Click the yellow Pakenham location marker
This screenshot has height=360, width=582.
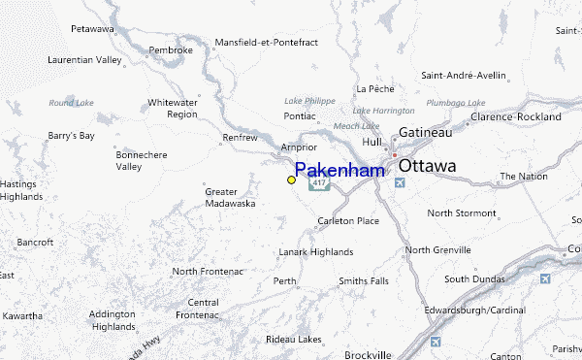click(291, 180)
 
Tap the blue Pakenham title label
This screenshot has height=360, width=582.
click(339, 170)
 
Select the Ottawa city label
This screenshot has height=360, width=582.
click(427, 166)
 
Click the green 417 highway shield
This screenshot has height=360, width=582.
click(319, 182)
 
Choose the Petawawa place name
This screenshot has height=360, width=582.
click(92, 29)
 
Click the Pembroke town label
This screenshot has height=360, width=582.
click(171, 49)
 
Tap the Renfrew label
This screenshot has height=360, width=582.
click(240, 138)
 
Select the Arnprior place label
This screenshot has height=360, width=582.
click(299, 147)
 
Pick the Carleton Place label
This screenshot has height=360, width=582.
click(348, 221)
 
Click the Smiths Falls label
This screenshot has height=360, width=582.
click(363, 281)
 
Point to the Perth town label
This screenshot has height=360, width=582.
click(285, 281)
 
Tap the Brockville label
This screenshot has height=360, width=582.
click(368, 354)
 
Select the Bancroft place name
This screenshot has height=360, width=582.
click(35, 242)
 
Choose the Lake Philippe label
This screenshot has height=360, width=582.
click(309, 100)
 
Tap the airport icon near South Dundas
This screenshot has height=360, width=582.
click(545, 279)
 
